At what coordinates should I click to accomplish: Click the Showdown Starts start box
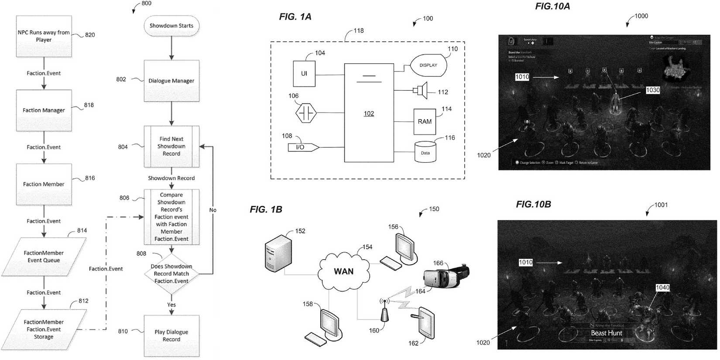tap(171, 26)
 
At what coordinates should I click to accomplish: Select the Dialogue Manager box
tap(171, 81)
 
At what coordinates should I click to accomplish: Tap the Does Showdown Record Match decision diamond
tap(171, 274)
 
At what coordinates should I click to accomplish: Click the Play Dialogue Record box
tap(171, 336)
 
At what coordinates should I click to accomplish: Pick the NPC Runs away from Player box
tap(44, 36)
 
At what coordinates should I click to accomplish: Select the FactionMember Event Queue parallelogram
tap(44, 257)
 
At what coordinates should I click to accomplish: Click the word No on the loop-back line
tap(213, 210)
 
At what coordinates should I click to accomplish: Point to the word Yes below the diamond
tap(171, 305)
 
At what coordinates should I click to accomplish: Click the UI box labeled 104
tap(304, 74)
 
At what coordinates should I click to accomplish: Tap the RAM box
tap(425, 122)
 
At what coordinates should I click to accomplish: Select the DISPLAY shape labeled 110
tap(429, 65)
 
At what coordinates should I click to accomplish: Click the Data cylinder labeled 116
tap(425, 152)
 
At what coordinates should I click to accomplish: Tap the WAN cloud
tap(344, 271)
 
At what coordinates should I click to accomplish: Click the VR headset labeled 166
tap(445, 276)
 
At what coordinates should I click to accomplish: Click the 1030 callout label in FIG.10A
tap(653, 90)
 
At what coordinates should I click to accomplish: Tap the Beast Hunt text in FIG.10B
tap(607, 333)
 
